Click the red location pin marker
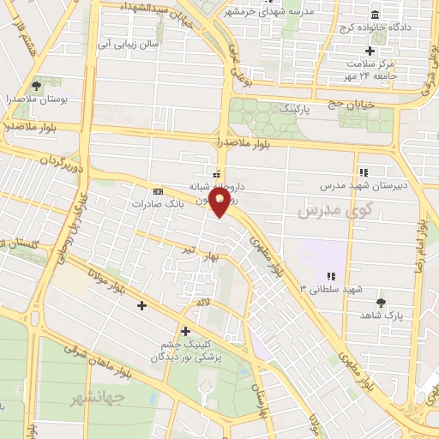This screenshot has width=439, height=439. (219, 203)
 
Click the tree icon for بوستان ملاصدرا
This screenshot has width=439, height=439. (36, 86)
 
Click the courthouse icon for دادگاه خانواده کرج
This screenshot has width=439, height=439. (376, 15)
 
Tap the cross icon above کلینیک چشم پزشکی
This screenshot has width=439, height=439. (185, 330)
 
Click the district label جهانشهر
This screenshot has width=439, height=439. (99, 397)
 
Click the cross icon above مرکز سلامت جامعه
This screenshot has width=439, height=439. (370, 51)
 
